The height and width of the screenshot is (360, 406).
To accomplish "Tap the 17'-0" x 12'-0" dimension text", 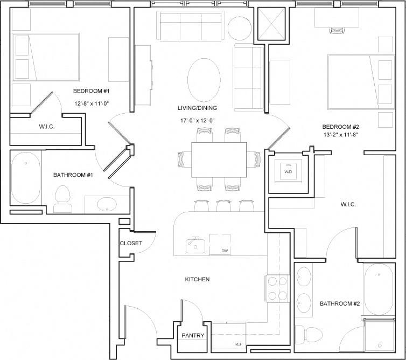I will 197,121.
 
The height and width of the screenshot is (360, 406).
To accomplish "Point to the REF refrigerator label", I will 237,343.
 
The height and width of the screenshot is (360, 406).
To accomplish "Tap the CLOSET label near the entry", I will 131,243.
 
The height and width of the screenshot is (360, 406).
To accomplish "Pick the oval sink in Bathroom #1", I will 105,205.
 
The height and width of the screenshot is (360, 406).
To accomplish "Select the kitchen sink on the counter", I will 195,245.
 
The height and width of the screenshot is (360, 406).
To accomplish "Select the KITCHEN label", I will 197,279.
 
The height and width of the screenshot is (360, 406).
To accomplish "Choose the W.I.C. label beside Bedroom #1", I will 47,127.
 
